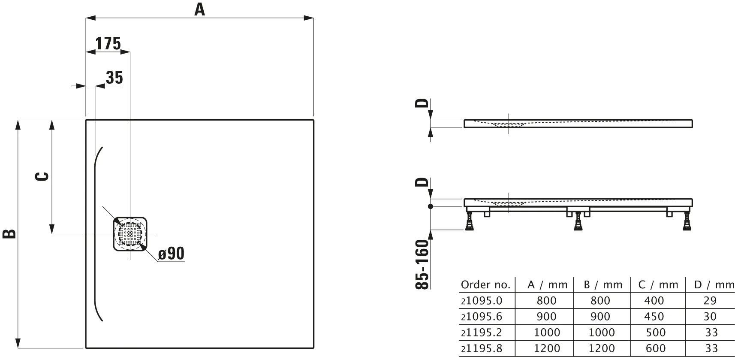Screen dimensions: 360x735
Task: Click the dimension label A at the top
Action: tap(200, 9)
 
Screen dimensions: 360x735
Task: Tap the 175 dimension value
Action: tap(108, 43)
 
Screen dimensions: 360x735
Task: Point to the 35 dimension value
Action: tap(114, 78)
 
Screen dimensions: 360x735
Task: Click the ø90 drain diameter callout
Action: tap(171, 254)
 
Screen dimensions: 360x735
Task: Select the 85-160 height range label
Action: tap(422, 265)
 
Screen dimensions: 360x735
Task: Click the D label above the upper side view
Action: tap(422, 103)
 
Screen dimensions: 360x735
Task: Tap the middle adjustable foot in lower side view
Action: tap(578, 221)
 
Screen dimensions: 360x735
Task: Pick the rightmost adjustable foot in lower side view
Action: tap(687, 221)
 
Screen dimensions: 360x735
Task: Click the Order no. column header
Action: tap(485, 284)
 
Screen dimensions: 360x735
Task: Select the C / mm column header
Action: tap(658, 284)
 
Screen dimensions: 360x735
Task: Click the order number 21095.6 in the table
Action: tap(481, 317)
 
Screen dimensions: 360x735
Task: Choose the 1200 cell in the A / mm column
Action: tap(547, 348)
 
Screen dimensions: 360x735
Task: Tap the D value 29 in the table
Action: tap(710, 301)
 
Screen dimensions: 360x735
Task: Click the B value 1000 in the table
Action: tap(600, 333)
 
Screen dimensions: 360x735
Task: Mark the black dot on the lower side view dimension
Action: tap(431, 206)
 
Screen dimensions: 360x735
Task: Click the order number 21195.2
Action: tap(481, 333)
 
